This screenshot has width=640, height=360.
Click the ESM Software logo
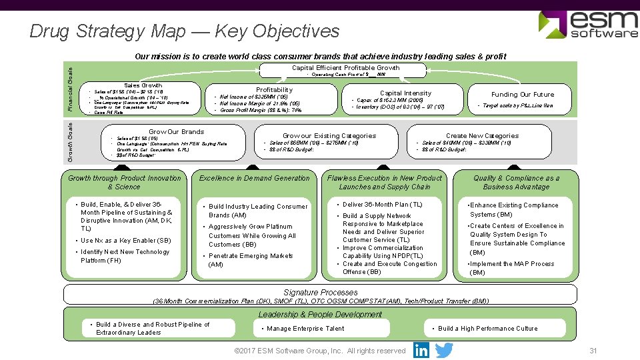tap(587, 25)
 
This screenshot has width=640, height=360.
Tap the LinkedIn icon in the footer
tap(421, 350)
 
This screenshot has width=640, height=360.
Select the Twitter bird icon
tap(443, 350)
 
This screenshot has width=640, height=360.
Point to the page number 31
tap(593, 351)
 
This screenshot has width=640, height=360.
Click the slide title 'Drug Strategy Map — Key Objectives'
tap(185, 31)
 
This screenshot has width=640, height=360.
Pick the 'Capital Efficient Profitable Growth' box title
tap(345, 67)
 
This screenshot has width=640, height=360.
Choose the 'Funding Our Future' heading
tap(522, 94)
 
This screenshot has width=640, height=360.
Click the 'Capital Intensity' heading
tap(405, 93)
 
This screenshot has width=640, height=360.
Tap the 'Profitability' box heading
tap(274, 89)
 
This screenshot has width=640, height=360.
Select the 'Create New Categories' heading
tap(482, 135)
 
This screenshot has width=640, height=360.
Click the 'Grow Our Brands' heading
tap(176, 131)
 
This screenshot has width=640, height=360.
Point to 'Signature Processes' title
tap(320, 292)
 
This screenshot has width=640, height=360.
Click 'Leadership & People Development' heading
tap(320, 314)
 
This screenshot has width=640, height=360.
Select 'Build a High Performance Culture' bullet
tap(487, 328)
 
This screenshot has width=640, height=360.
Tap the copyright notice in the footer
tap(319, 351)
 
